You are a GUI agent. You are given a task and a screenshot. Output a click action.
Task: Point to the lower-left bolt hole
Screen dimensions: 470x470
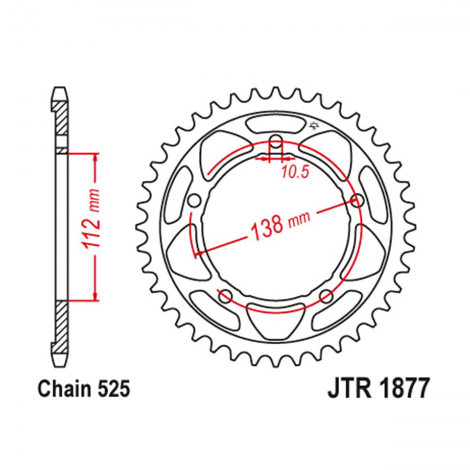(226, 295)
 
